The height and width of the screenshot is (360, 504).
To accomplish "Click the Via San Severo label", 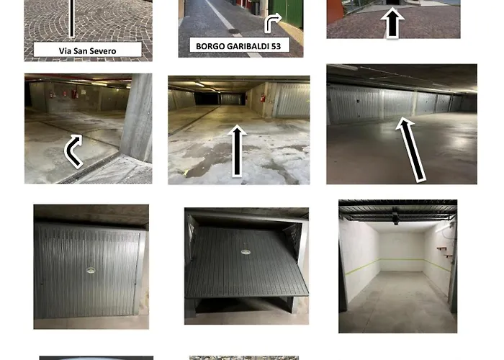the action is point(87,50).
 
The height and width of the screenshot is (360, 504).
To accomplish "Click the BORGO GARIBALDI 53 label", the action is point(238,46).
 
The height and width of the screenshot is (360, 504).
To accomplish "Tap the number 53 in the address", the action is point(276,46).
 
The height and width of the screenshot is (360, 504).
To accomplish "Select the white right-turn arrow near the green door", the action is point(272,23).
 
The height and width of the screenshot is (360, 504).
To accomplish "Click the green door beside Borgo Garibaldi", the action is point(286,14).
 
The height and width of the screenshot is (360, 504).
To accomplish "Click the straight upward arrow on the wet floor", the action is point(237,150).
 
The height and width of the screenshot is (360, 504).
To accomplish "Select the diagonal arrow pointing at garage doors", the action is point(411,150).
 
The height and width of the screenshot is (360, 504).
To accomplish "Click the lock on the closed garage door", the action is point(90,270).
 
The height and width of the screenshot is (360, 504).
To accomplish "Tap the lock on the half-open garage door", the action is point(246,252).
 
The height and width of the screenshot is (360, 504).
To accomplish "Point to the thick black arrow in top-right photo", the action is point(392,22).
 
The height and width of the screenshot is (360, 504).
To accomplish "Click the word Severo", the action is point(104,51).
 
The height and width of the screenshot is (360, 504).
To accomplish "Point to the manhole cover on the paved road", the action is point(234,31).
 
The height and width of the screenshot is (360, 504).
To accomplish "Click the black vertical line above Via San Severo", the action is point(72,19).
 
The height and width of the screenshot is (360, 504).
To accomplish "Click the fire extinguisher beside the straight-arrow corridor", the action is point(263,98).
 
